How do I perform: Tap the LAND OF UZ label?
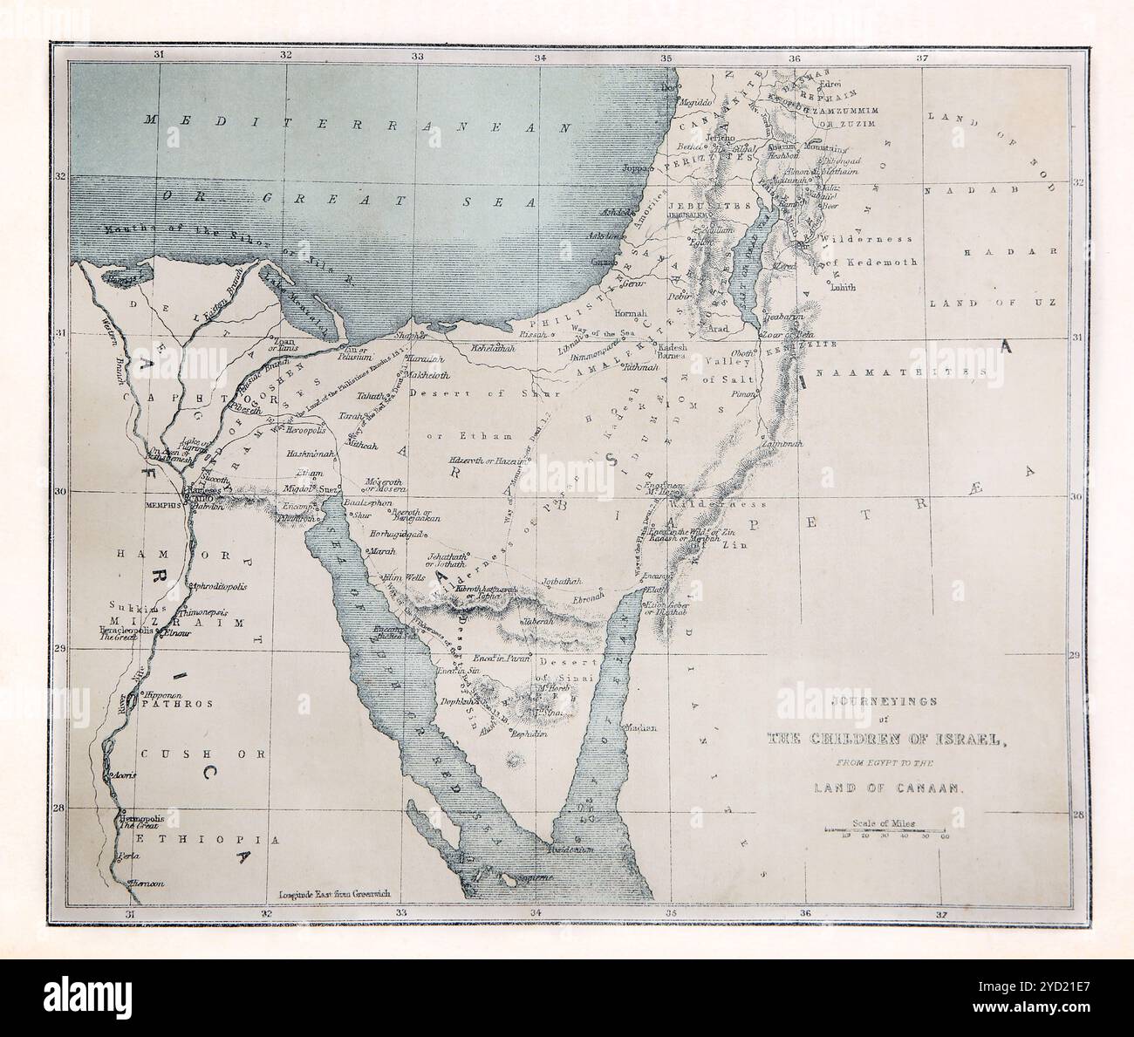click(992, 303)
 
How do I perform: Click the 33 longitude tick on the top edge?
click(417, 57)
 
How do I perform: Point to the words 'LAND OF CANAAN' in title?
click(886, 787)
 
